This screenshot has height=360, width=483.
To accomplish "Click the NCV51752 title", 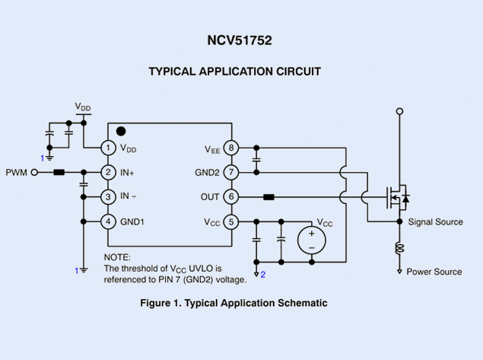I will (240, 40).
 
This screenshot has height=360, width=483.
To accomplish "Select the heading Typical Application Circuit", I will (234, 72).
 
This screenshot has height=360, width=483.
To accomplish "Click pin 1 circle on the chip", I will (109, 148).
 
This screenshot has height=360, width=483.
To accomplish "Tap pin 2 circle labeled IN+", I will (109, 173).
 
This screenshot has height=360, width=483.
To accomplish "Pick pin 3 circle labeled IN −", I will (109, 196).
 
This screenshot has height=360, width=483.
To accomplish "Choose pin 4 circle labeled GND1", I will (109, 221).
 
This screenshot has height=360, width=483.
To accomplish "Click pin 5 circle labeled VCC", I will (231, 221).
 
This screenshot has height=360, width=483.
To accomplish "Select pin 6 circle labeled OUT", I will (231, 196).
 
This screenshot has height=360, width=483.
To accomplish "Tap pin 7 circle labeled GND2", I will (231, 173).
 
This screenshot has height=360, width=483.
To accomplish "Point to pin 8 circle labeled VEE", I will (231, 148).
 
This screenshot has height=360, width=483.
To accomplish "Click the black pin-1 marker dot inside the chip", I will (121, 132).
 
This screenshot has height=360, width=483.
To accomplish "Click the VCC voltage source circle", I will (311, 241).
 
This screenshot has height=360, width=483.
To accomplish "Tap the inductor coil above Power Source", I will (399, 248).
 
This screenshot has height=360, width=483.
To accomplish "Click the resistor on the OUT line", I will (269, 197).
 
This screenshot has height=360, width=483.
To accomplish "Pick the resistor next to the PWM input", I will (59, 173).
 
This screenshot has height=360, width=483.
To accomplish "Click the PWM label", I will (16, 173).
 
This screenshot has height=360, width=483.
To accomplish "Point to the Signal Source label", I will (435, 222).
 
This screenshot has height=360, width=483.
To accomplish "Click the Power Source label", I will (434, 272).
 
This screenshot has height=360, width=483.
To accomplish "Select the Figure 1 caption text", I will (234, 303).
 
